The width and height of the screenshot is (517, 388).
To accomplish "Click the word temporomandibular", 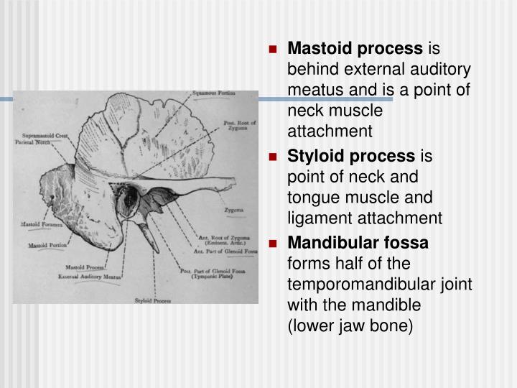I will pyautogui.click(x=380, y=284).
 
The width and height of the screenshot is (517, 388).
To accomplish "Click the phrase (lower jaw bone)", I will pyautogui.click(x=350, y=325).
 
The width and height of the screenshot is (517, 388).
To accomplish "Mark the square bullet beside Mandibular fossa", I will pyautogui.click(x=273, y=244).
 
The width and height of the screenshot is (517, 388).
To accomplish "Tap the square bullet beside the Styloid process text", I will pyautogui.click(x=273, y=155).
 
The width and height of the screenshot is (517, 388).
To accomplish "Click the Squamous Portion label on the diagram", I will pyautogui.click(x=213, y=94).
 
